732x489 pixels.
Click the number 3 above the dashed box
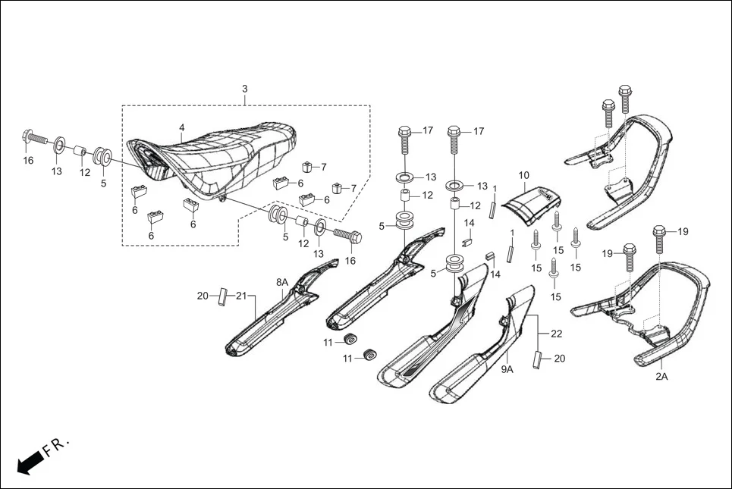[244, 89]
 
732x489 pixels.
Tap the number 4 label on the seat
[182, 127]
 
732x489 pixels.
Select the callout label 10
[523, 175]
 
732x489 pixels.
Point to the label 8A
[282, 282]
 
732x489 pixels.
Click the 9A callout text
[507, 370]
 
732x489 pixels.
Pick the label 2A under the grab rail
[661, 376]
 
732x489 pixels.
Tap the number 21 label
[241, 296]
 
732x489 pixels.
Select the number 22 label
[556, 334]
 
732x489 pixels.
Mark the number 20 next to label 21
[203, 296]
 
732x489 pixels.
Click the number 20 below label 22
[559, 359]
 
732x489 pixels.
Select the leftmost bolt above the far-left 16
[33, 139]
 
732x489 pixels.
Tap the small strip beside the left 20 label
[223, 296]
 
